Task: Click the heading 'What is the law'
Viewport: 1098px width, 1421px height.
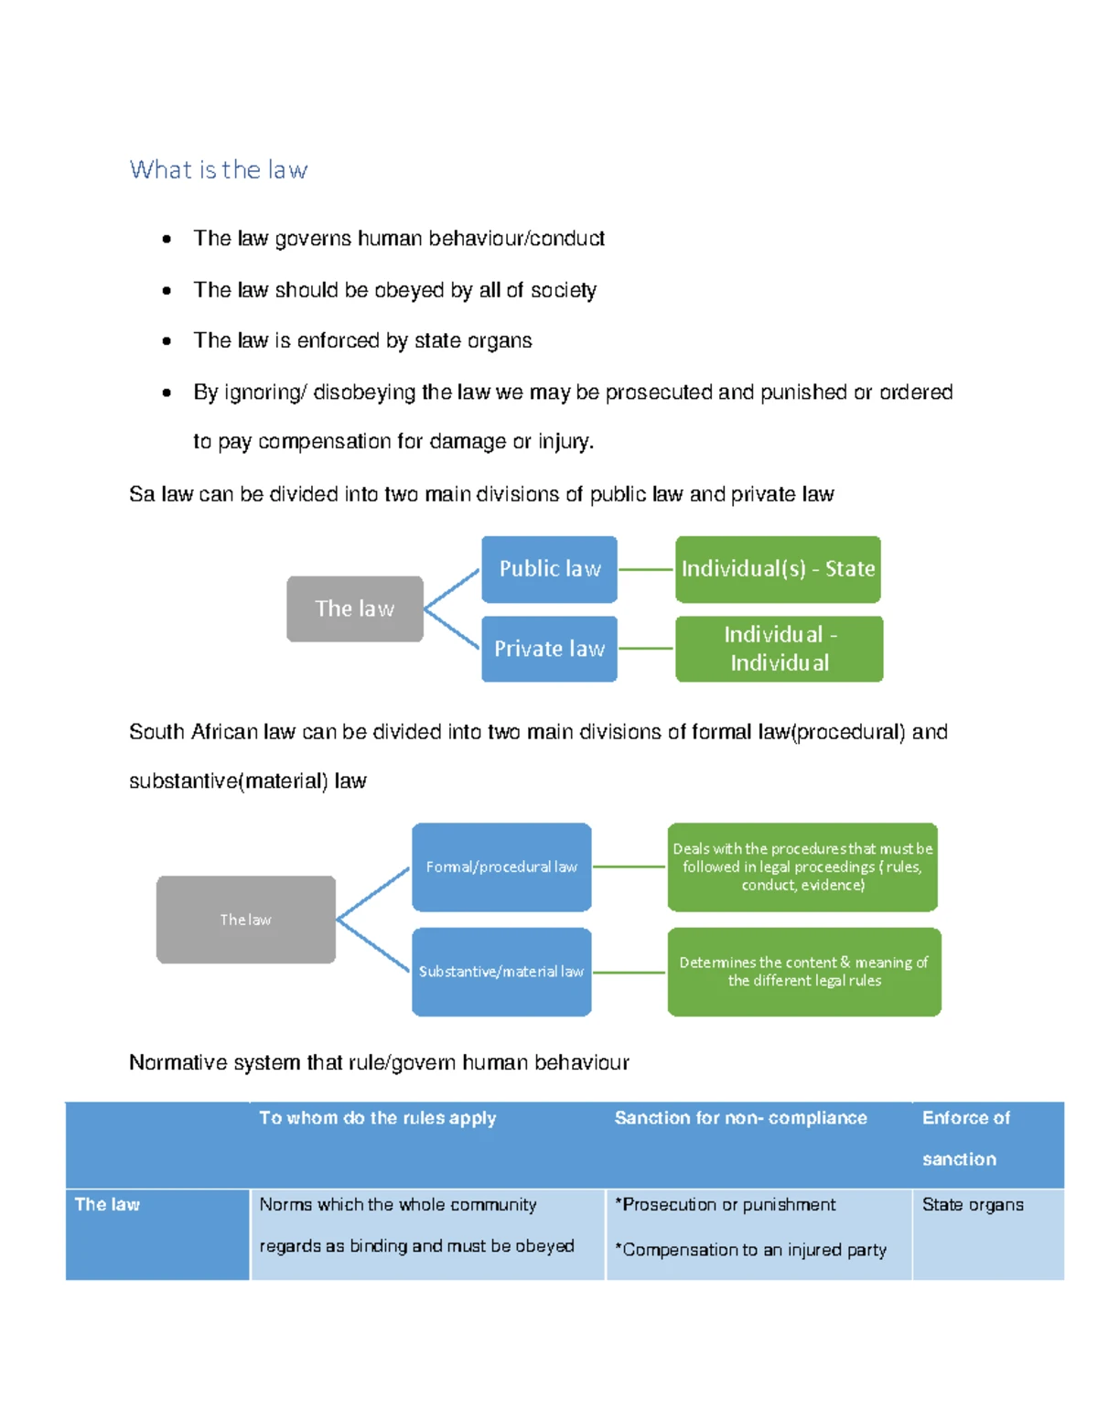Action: (x=219, y=170)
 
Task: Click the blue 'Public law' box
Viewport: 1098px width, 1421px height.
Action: (x=549, y=569)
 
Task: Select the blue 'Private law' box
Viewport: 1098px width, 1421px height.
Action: (x=549, y=649)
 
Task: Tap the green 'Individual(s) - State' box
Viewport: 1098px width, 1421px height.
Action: (x=778, y=569)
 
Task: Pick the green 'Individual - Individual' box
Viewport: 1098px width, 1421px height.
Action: (x=779, y=649)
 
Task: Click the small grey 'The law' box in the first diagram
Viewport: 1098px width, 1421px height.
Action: (x=354, y=608)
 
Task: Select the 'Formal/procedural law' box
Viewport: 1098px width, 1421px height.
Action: (x=501, y=867)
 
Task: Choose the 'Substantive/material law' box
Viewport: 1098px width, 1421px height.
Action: (x=501, y=972)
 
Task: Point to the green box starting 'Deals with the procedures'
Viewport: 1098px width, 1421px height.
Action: (x=802, y=867)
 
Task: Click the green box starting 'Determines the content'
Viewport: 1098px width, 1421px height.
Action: (x=803, y=972)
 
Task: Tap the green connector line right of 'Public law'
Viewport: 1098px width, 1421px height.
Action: (x=646, y=569)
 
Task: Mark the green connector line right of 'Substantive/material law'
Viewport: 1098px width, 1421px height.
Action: (x=630, y=972)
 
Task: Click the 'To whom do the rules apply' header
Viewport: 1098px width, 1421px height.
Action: (x=377, y=1118)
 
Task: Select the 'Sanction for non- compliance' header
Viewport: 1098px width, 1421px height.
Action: (x=740, y=1118)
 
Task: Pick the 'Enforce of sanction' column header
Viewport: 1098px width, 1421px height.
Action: (x=965, y=1137)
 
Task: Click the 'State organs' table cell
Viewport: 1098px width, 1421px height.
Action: (x=973, y=1205)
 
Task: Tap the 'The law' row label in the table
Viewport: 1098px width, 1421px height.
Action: (x=107, y=1205)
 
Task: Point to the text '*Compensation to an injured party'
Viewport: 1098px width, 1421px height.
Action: (x=750, y=1250)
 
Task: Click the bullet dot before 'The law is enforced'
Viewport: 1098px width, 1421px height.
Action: (x=167, y=341)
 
